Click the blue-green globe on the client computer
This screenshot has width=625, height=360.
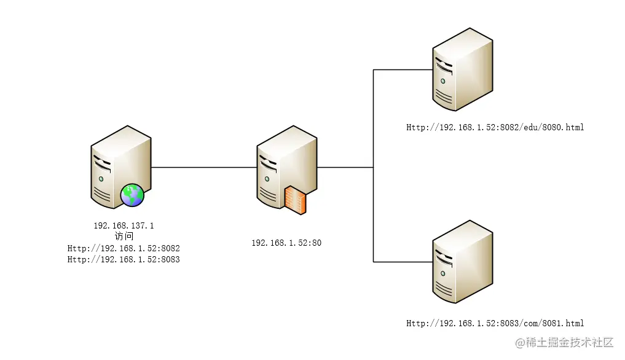pyautogui.click(x=132, y=195)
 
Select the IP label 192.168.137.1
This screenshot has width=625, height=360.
pyautogui.click(x=124, y=225)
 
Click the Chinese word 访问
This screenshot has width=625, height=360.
pyautogui.click(x=124, y=237)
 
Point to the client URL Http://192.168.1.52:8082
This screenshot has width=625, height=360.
pyautogui.click(x=124, y=248)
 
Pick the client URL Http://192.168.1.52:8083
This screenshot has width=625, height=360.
pyautogui.click(x=124, y=259)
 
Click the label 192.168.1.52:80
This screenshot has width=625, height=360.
pyautogui.click(x=286, y=243)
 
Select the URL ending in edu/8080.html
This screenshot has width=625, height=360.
pyautogui.click(x=495, y=127)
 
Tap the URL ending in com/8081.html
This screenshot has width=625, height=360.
pyautogui.click(x=495, y=323)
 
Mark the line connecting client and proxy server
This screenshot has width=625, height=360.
pyautogui.click(x=203, y=167)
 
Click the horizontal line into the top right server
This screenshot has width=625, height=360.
pyautogui.click(x=403, y=69)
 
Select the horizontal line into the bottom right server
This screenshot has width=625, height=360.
pyautogui.click(x=403, y=262)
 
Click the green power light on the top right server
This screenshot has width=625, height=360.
pyautogui.click(x=442, y=80)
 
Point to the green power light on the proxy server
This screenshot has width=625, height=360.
pyautogui.click(x=267, y=179)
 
